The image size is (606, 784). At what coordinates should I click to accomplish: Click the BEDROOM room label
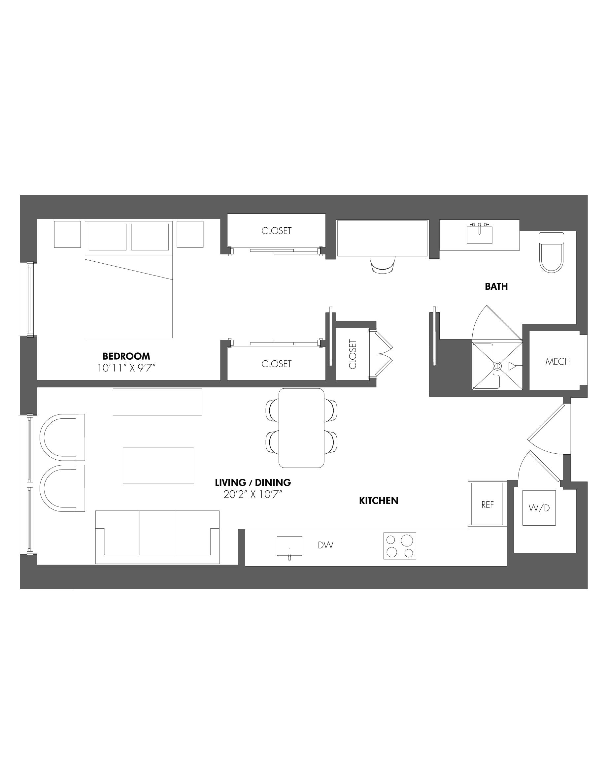126,356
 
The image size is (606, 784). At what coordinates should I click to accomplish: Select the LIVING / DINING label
253,482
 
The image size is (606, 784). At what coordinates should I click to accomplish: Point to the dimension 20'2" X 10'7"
253,494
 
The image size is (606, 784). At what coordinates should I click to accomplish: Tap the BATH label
496,286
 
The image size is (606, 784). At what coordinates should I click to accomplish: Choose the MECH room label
558,362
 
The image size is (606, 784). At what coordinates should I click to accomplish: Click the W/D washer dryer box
539,508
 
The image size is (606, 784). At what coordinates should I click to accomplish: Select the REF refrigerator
487,505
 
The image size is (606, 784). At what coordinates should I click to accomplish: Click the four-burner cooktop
400,546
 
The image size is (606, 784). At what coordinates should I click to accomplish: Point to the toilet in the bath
552,252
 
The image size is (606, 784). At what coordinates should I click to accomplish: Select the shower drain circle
497,366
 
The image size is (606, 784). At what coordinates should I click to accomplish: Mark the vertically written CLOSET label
353,354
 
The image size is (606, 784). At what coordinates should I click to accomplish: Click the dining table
302,428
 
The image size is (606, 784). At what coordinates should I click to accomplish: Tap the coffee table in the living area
158,465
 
